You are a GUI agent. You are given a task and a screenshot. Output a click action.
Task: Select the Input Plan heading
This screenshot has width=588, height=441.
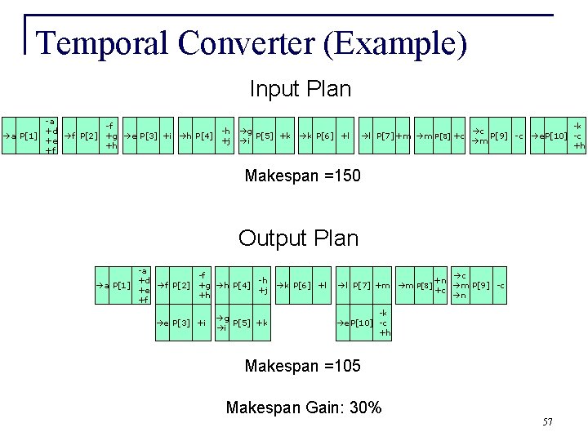pyautogui.click(x=300, y=88)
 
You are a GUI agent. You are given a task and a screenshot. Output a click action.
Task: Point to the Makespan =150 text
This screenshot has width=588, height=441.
pyautogui.click(x=300, y=176)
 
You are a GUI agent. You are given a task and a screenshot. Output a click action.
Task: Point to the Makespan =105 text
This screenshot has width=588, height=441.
pyautogui.click(x=301, y=366)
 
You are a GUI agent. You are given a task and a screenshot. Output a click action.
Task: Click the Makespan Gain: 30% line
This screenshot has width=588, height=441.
pyautogui.click(x=303, y=407)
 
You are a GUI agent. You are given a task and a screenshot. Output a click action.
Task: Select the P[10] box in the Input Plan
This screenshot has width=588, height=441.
pyautogui.click(x=555, y=135)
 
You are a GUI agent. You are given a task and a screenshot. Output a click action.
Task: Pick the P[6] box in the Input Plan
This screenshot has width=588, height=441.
pyautogui.click(x=324, y=135)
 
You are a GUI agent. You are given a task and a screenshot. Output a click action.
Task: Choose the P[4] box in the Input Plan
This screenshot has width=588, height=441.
pyautogui.click(x=204, y=135)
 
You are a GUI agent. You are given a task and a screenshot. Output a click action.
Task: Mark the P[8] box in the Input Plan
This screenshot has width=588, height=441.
pyautogui.click(x=441, y=135)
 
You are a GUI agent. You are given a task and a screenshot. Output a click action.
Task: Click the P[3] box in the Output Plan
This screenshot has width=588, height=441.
pyautogui.click(x=180, y=323)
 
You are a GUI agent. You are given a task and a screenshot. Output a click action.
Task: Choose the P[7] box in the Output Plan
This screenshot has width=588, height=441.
pyautogui.click(x=363, y=285)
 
